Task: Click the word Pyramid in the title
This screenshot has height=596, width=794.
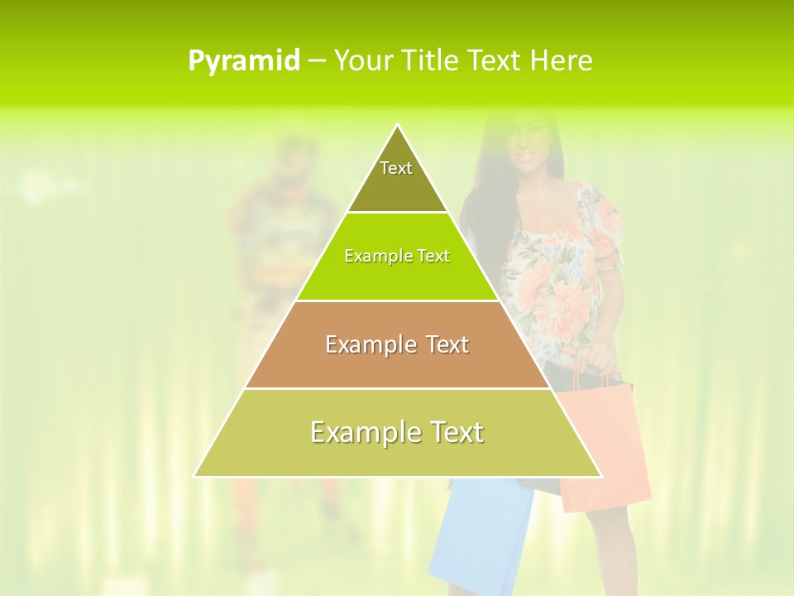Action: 244,61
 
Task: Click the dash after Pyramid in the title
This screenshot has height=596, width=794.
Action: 317,61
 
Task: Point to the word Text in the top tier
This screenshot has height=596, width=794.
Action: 396,168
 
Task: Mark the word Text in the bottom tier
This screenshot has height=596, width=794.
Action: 452,432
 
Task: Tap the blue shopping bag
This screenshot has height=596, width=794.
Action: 480,538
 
